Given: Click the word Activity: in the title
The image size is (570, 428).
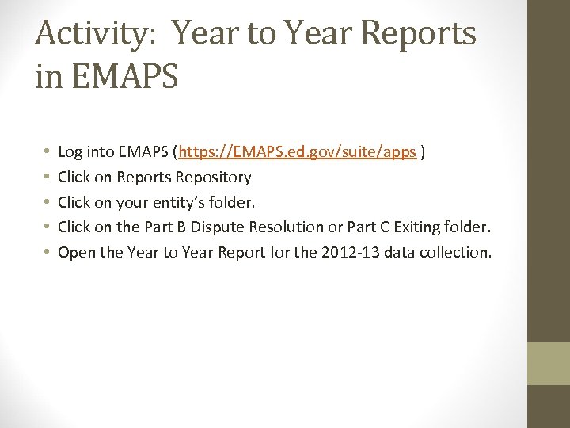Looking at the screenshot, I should (96, 34).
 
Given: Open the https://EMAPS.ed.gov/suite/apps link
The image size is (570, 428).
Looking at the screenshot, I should (298, 151).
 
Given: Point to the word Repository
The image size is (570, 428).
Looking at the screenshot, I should (213, 177).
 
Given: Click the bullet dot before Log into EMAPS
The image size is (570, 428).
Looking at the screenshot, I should (46, 151).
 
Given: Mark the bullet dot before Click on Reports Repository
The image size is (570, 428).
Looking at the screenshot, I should (46, 177).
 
